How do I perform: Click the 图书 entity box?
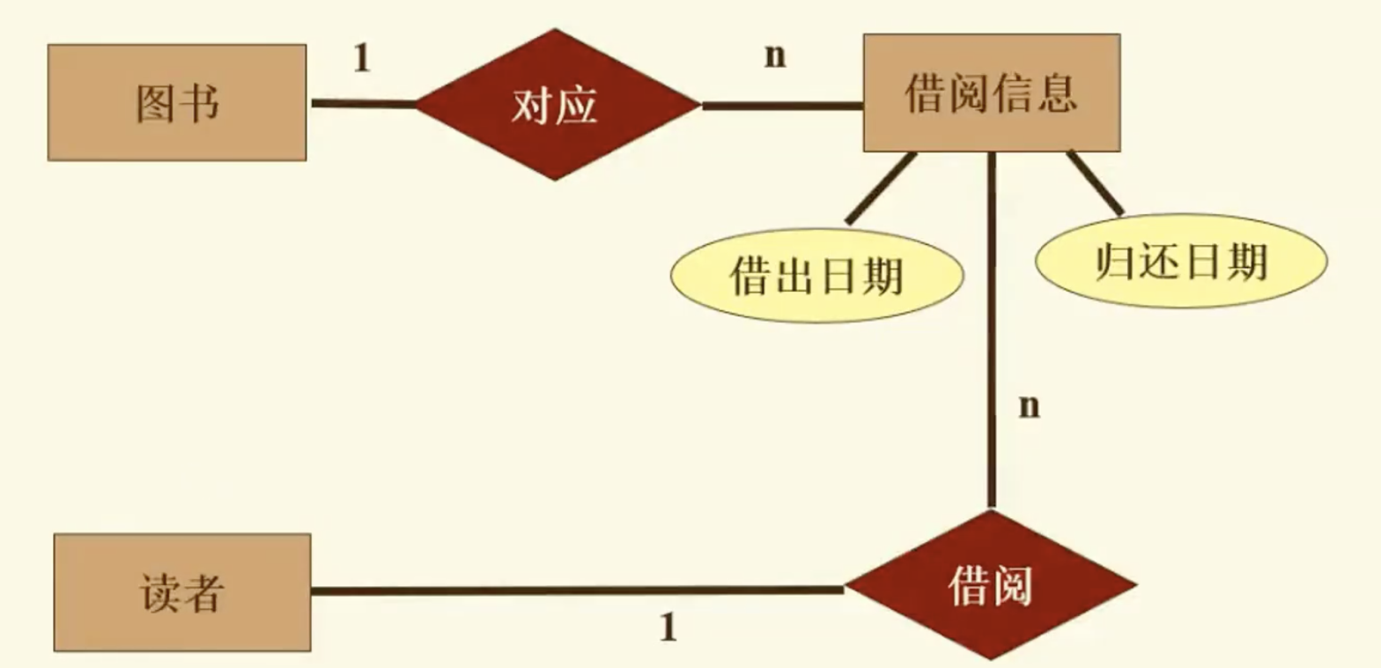(x=177, y=102)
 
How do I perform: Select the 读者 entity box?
(x=182, y=592)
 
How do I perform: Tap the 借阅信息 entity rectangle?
(x=991, y=93)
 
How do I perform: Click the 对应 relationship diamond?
(x=556, y=105)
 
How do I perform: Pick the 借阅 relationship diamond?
(x=990, y=584)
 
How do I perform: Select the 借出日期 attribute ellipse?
(x=817, y=277)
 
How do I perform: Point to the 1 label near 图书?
(x=361, y=59)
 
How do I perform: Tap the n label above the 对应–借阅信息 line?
(x=774, y=55)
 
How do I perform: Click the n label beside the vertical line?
(x=1029, y=406)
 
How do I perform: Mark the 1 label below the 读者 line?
(x=668, y=628)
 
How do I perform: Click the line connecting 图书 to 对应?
(x=363, y=104)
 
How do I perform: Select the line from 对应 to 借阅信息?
(x=782, y=107)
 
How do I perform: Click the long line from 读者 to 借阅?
(x=577, y=590)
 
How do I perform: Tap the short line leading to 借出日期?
(x=880, y=188)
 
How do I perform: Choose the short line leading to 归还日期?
(x=1095, y=183)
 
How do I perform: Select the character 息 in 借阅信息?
(x=1056, y=93)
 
